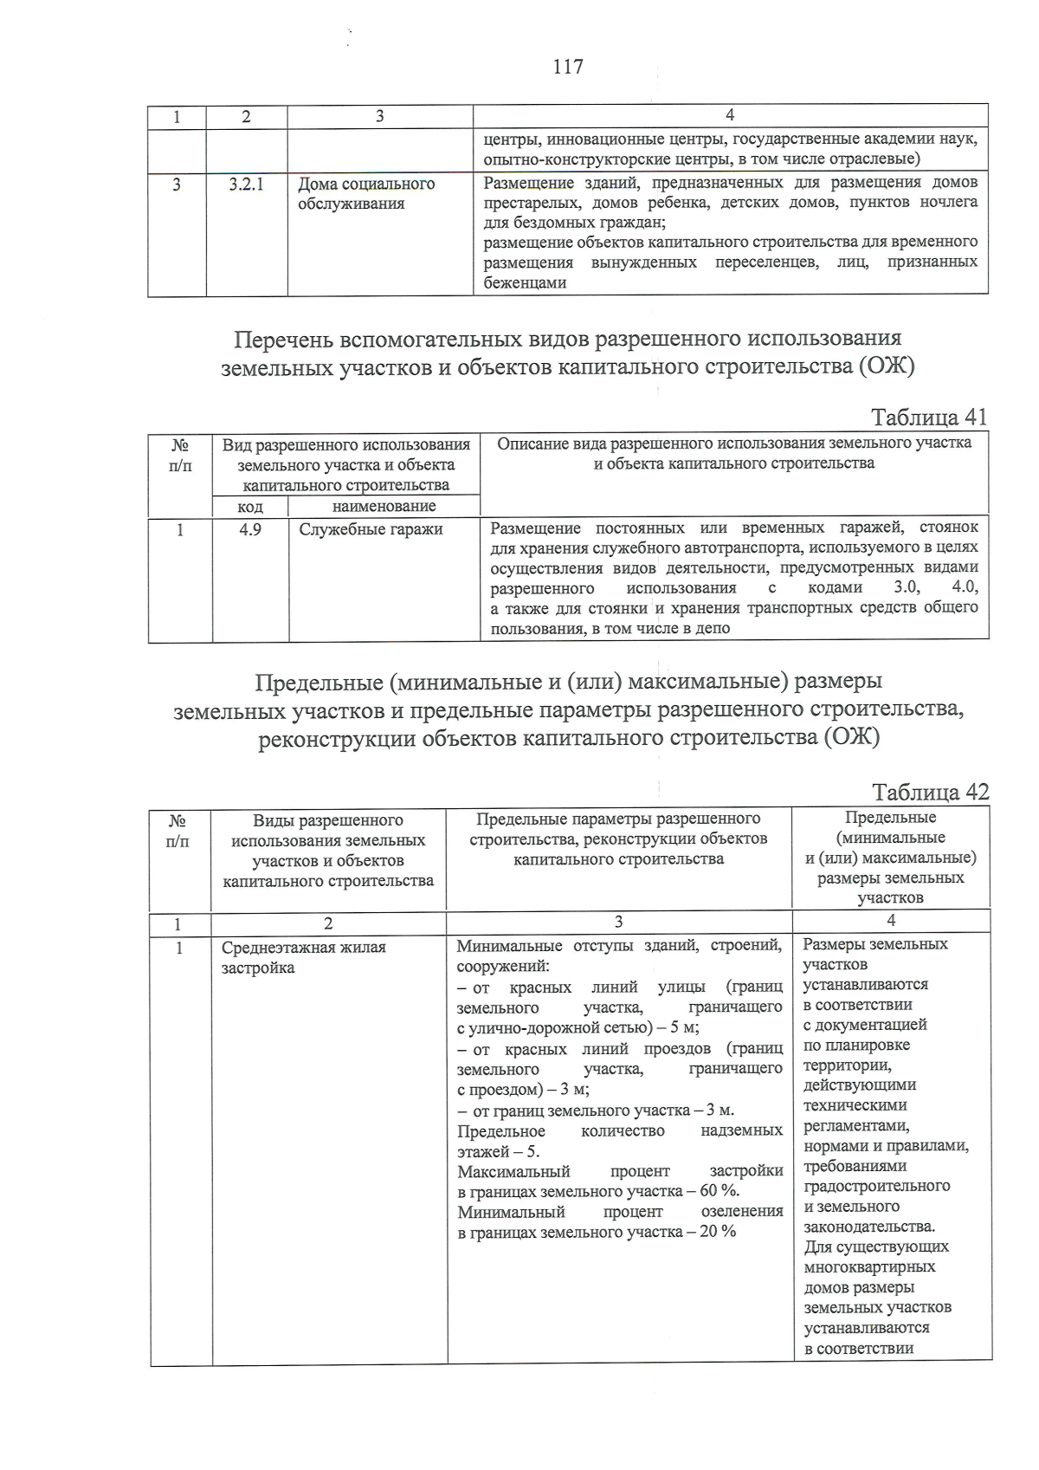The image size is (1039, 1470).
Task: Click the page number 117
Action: coord(567,67)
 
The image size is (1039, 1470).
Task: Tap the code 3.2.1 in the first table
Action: coord(246,185)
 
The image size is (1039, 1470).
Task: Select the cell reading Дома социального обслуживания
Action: coord(366,194)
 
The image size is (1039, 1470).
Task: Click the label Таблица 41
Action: coord(929,418)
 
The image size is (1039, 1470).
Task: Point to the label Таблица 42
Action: coord(930,792)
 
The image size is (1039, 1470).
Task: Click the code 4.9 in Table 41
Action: coord(250,529)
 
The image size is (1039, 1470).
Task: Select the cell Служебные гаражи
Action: coord(371,529)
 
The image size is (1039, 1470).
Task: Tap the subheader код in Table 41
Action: coord(250,507)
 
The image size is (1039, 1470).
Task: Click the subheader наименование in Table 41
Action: coord(384,507)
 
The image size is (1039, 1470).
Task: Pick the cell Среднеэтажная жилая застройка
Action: coord(304,957)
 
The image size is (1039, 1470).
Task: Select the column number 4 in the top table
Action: coord(730,116)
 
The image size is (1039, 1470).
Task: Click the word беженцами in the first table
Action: coord(525,282)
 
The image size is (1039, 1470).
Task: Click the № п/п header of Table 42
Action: coord(179,830)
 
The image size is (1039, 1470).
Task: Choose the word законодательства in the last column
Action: coord(868,1227)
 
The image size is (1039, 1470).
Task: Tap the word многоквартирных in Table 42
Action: coord(869,1266)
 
